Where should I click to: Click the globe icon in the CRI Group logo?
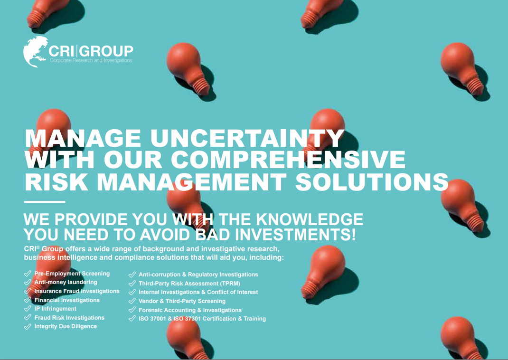click(35, 52)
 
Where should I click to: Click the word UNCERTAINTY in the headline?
click(247, 138)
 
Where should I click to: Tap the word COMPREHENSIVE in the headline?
click(288, 160)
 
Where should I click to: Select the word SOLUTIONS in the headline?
click(372, 181)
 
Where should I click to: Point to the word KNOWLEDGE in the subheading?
click(310, 219)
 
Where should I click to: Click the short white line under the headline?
click(45, 202)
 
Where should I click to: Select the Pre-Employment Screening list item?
click(72, 274)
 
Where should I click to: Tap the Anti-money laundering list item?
click(66, 282)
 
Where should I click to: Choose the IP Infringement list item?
click(56, 309)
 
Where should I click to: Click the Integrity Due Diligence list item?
click(66, 326)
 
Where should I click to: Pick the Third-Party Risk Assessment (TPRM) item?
click(189, 284)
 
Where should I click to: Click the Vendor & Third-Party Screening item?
click(182, 301)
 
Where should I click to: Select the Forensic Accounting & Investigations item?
click(190, 310)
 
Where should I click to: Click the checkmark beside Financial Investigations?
click(28, 300)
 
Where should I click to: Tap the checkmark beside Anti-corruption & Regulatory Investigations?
click(132, 275)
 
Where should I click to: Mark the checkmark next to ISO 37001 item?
click(132, 319)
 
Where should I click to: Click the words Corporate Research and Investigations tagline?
click(91, 60)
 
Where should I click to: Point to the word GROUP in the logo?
click(107, 51)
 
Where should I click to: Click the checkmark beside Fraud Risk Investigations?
click(28, 318)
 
